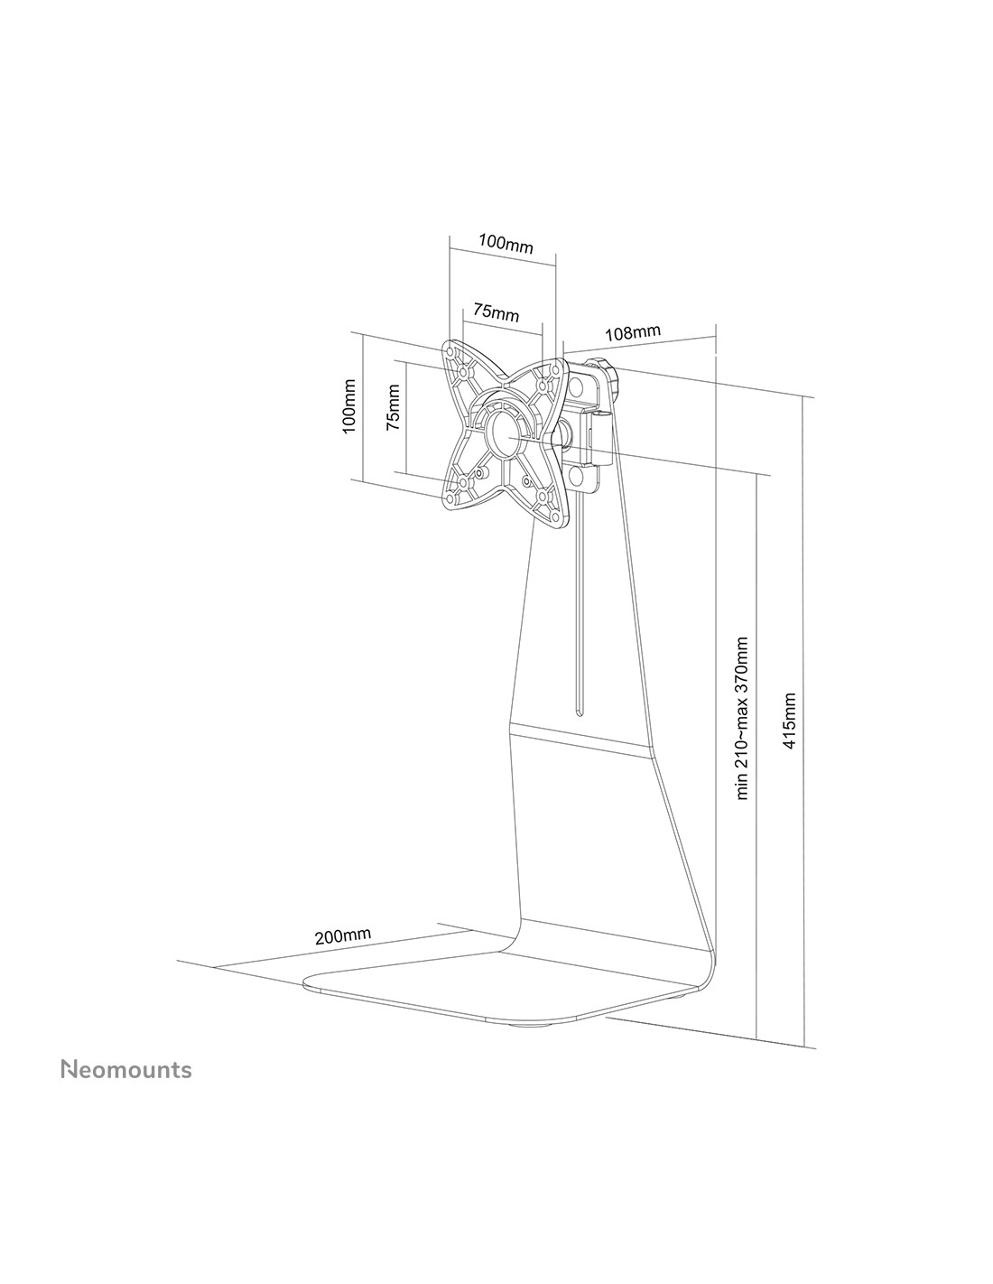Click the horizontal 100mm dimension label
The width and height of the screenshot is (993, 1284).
pyautogui.click(x=505, y=243)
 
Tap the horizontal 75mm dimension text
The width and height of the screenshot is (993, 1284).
pyautogui.click(x=495, y=312)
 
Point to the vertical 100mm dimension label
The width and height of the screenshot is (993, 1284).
pyautogui.click(x=349, y=406)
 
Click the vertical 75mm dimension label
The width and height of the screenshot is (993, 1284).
pyautogui.click(x=393, y=406)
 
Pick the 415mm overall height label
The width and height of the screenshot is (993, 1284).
pyautogui.click(x=789, y=721)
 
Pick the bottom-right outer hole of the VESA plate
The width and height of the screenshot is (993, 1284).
pyautogui.click(x=556, y=517)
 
